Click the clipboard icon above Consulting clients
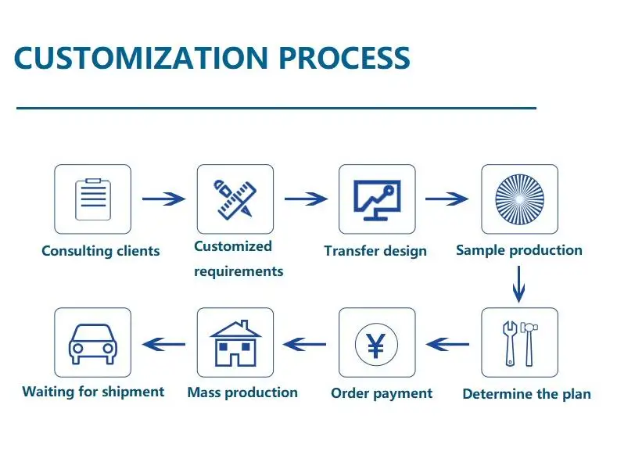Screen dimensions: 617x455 [x=92, y=199]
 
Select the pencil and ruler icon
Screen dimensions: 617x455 [x=235, y=199]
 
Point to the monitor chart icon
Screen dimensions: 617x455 [x=377, y=199]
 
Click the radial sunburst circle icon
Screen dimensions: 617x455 [x=519, y=199]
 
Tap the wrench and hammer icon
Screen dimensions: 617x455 [x=519, y=342]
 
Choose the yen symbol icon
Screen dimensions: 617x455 [x=377, y=342]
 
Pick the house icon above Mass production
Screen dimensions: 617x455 [x=235, y=342]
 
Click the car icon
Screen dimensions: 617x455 [x=92, y=342]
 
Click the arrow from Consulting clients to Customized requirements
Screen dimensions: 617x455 [x=164, y=199]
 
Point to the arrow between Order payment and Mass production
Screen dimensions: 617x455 [x=305, y=342]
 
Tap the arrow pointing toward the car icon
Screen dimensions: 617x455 [x=163, y=342]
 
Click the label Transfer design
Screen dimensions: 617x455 [x=375, y=251]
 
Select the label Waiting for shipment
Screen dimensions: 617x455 [x=93, y=392]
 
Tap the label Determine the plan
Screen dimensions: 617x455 [x=526, y=394]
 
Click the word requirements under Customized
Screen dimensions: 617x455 [x=239, y=272]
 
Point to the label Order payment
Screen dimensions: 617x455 [x=382, y=393]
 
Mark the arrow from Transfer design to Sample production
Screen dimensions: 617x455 [x=447, y=199]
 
